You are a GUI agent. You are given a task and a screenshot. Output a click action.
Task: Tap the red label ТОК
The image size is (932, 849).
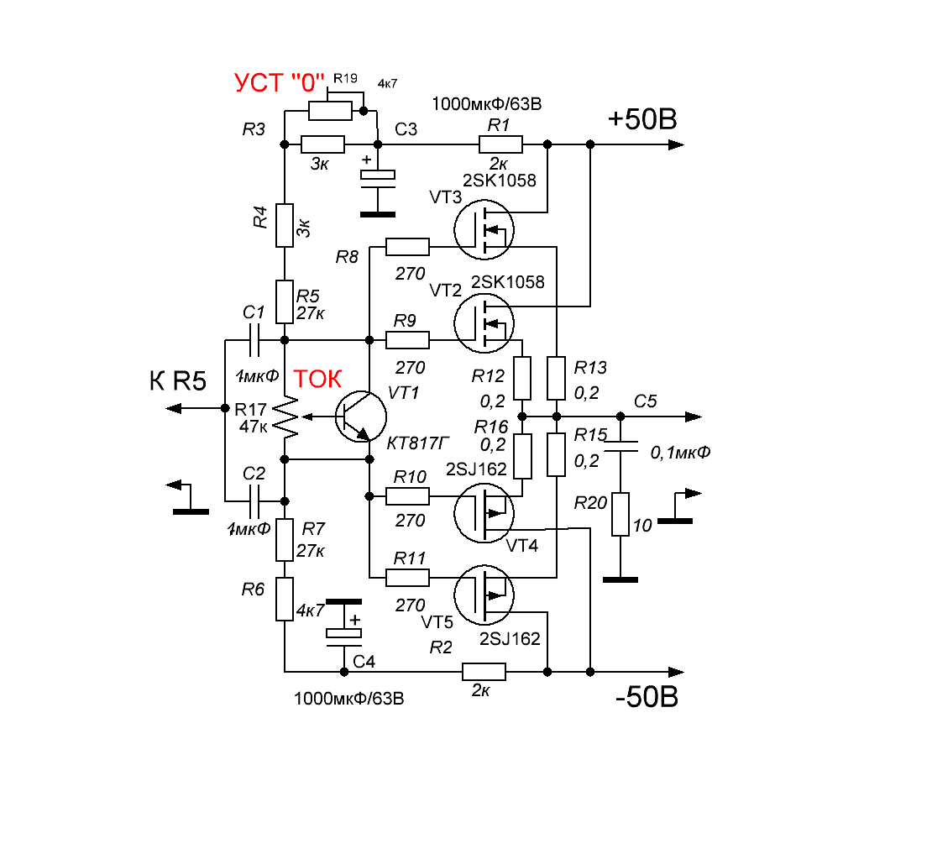click(317, 380)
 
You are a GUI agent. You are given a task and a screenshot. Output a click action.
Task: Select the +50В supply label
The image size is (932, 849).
click(642, 120)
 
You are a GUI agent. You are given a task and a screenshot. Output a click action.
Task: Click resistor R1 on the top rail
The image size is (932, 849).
click(500, 144)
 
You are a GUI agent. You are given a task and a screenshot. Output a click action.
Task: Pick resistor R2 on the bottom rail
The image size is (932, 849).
click(484, 671)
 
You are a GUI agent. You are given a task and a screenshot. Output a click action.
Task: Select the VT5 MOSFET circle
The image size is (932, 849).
click(484, 595)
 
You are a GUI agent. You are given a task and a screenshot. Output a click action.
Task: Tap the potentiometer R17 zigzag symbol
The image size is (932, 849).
click(289, 416)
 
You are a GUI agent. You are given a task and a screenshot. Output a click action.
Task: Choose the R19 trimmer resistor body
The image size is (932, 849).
click(330, 111)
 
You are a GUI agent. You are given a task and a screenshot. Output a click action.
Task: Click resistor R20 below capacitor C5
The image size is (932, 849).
click(620, 514)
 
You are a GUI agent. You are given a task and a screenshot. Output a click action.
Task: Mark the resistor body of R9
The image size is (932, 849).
click(407, 340)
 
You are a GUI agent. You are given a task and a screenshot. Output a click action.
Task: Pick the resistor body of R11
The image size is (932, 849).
click(407, 577)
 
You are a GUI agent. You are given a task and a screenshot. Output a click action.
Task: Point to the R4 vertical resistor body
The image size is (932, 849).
click(285, 225)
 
